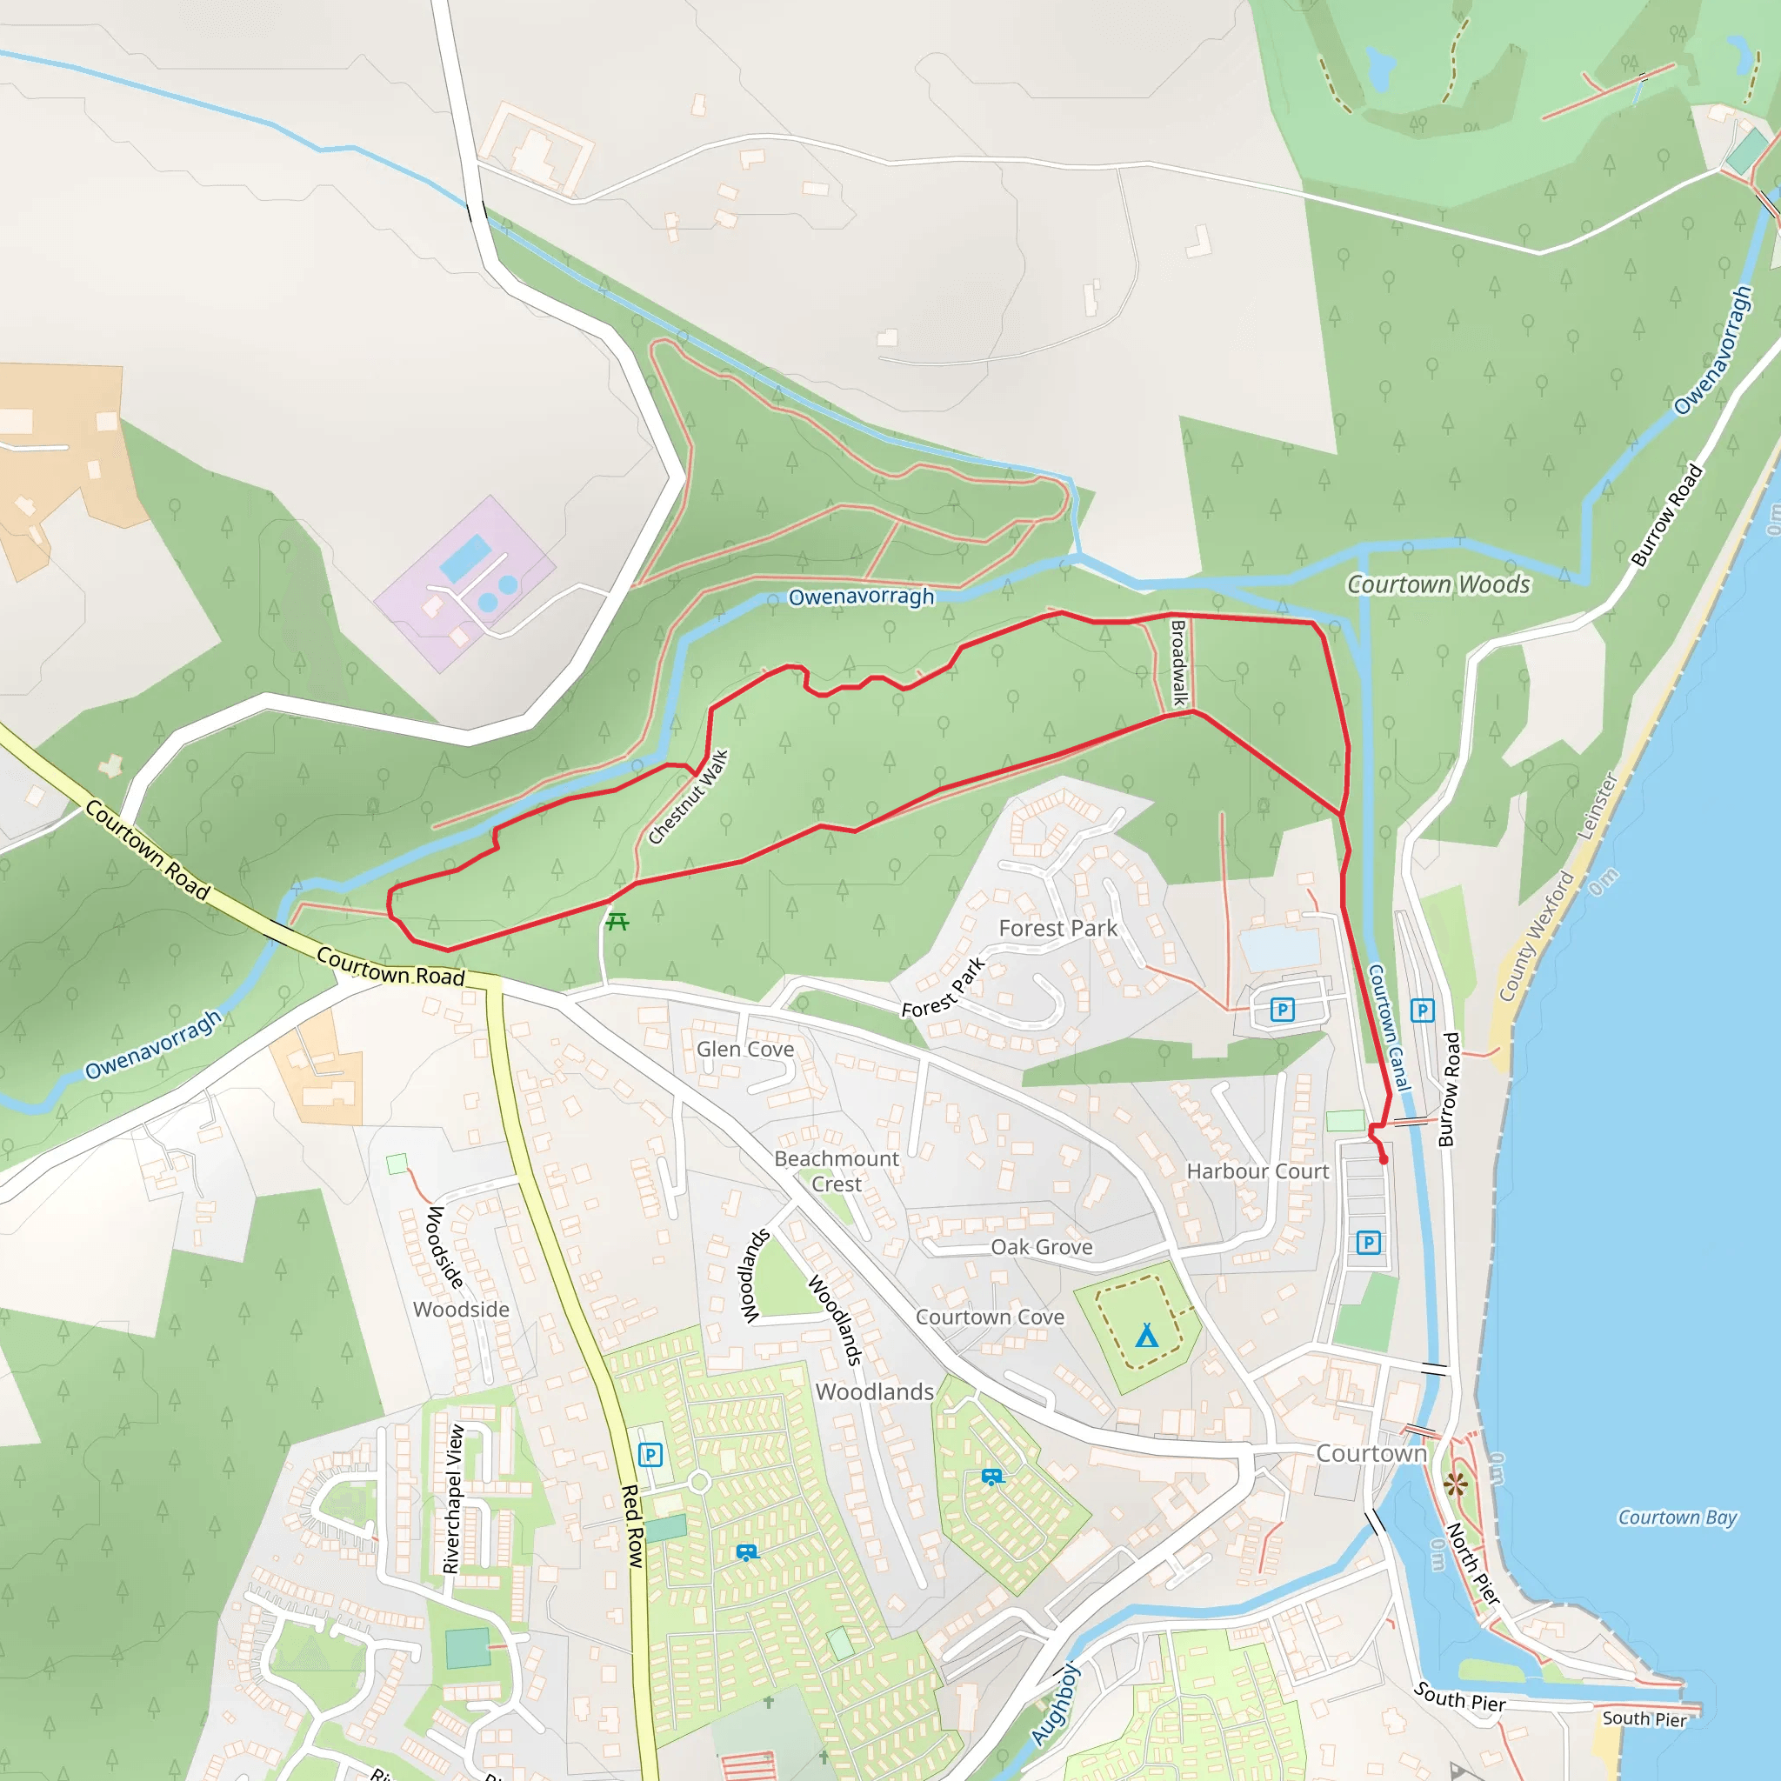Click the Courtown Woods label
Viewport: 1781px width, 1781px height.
1438,584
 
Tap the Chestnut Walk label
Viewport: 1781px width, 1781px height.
688,797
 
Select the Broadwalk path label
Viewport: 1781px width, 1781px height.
1177,663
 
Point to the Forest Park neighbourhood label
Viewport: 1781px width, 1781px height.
1057,928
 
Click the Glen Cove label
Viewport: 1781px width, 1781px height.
745,1049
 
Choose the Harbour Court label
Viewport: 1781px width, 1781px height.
1257,1171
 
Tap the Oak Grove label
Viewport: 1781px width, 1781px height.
1042,1247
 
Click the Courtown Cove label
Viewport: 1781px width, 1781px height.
989,1317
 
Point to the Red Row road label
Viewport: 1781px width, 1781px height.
631,1526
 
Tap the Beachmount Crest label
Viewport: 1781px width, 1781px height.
836,1171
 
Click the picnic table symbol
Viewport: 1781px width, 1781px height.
617,921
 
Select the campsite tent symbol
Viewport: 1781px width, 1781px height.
1147,1335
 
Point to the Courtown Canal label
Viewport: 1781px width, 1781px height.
1388,1028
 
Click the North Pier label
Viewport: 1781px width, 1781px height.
1473,1564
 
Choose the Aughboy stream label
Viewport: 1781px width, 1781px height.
1055,1705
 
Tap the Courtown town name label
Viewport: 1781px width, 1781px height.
1371,1454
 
